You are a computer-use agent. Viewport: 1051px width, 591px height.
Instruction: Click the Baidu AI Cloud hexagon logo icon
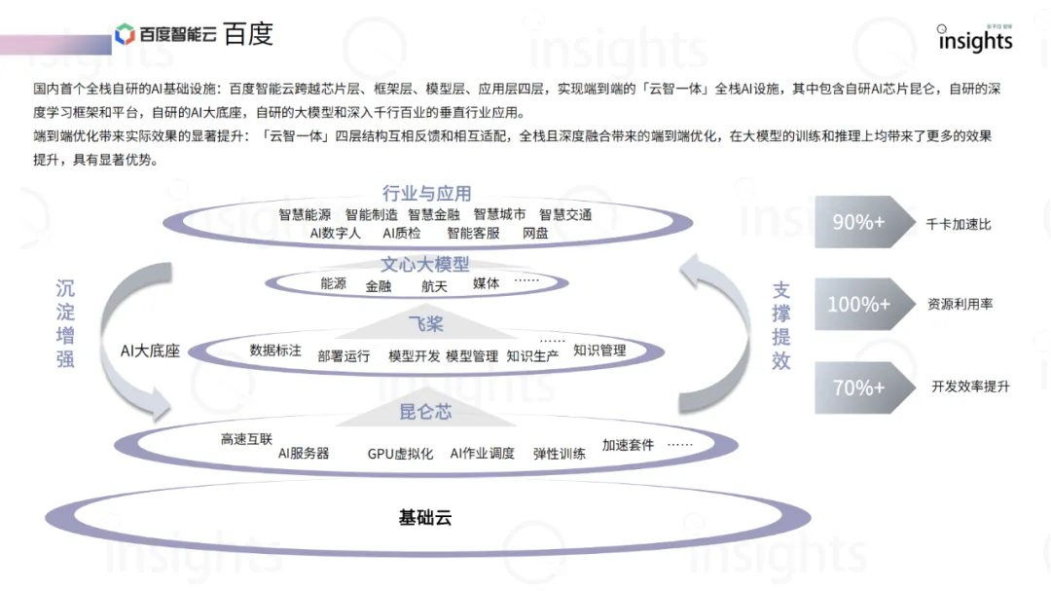[125, 35]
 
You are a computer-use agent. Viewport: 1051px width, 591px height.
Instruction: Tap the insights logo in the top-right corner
[974, 39]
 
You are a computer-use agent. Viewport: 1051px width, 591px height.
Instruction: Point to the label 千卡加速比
[959, 224]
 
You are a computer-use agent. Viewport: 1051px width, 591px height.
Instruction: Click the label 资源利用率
[960, 305]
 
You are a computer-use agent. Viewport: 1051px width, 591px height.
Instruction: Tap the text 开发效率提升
[970, 387]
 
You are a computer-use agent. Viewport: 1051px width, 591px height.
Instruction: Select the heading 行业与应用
[426, 193]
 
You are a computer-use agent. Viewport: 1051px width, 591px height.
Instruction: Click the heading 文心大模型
[424, 264]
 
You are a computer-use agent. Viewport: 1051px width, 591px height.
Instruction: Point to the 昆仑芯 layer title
[425, 412]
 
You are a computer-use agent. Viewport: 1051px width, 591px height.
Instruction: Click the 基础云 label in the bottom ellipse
[425, 517]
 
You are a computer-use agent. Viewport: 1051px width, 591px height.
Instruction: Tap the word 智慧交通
[565, 214]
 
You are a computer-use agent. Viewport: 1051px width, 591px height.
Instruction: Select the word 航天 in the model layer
[434, 286]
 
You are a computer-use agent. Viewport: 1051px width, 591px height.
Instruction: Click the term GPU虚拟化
[400, 453]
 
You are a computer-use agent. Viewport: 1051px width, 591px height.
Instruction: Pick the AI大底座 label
[150, 351]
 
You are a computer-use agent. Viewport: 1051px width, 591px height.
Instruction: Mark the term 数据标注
[275, 350]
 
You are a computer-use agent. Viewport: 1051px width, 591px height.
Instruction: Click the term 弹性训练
[560, 453]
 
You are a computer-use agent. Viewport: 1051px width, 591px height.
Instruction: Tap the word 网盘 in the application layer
[535, 234]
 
